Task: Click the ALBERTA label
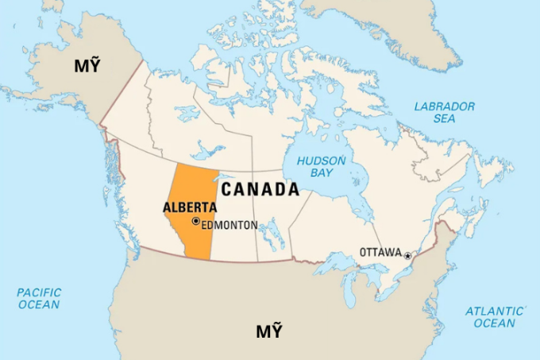[190, 207]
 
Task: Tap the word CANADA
[260, 190]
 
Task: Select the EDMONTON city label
[229, 225]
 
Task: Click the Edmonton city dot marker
[195, 222]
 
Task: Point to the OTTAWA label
[380, 252]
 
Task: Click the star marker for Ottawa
[407, 256]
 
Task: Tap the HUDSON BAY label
[321, 167]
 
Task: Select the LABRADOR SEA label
[445, 112]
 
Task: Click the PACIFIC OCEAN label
[38, 299]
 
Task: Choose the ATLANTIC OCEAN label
[494, 317]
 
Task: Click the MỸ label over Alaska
[88, 65]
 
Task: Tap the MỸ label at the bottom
[268, 331]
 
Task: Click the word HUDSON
[321, 161]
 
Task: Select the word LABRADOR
[445, 106]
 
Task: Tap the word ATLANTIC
[494, 311]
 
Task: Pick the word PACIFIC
[38, 292]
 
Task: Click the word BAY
[321, 173]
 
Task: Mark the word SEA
[445, 118]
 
